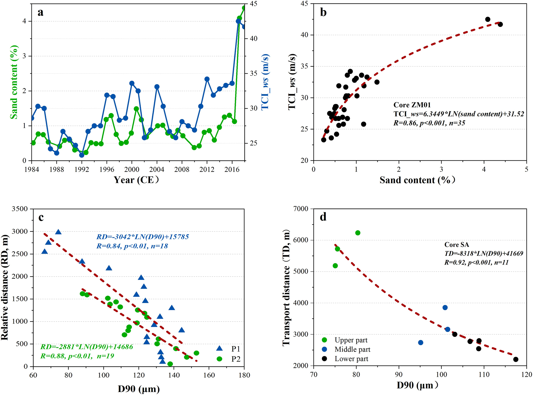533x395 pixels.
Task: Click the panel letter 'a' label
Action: coord(40,12)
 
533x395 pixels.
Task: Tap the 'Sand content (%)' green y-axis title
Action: coord(14,82)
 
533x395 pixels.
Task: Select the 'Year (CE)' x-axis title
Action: coord(136,180)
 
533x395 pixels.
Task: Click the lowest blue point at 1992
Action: coord(82,155)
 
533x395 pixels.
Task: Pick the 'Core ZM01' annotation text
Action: coord(412,105)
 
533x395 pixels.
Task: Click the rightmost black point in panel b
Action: coord(500,24)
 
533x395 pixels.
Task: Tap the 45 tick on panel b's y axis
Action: coord(305,4)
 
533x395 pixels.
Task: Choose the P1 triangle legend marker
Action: coord(219,348)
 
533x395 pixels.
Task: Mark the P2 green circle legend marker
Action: coord(219,359)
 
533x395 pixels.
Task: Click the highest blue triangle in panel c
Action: coord(58,232)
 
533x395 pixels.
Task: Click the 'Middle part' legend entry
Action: coord(352,349)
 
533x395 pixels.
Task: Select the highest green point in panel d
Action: coord(358,233)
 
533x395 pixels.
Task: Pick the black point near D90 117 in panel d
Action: coord(516,359)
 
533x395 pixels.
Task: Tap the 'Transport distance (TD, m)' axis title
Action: coord(286,287)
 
